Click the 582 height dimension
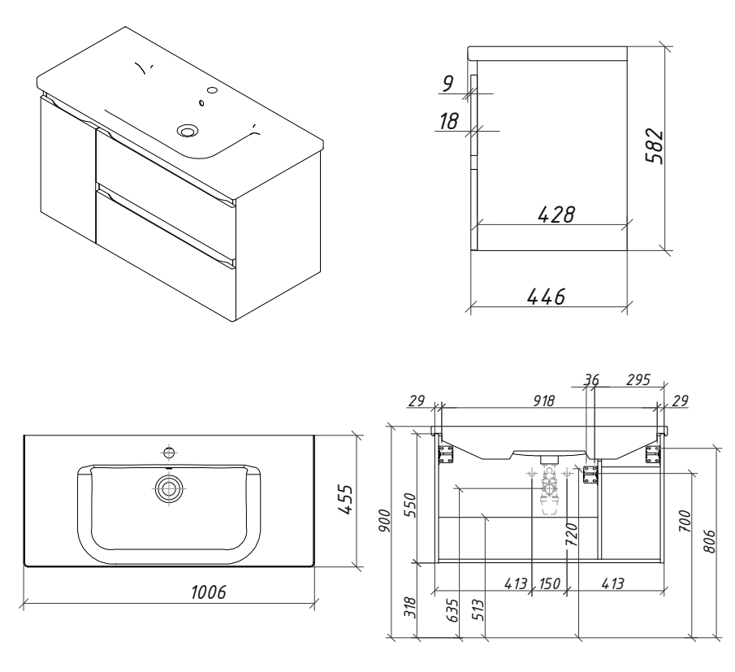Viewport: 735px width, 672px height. [655, 145]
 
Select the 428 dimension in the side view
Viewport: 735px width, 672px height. [556, 215]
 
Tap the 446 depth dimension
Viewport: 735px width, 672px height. [547, 297]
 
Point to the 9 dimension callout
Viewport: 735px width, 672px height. [447, 83]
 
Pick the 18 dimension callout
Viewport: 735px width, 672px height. [448, 121]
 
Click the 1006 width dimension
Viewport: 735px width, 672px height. [208, 592]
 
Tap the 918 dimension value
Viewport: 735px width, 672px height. [544, 401]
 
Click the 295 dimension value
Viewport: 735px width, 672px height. [638, 379]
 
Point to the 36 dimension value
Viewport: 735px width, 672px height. [591, 379]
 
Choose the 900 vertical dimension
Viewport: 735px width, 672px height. [384, 520]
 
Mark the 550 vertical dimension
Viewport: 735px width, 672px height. [409, 505]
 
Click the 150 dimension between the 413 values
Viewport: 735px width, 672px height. [549, 583]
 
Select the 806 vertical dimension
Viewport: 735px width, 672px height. [710, 541]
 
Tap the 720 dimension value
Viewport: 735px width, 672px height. [572, 535]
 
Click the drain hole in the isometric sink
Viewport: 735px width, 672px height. [188, 130]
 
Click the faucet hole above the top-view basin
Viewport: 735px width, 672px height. [169, 453]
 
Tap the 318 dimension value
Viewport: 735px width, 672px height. [409, 607]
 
